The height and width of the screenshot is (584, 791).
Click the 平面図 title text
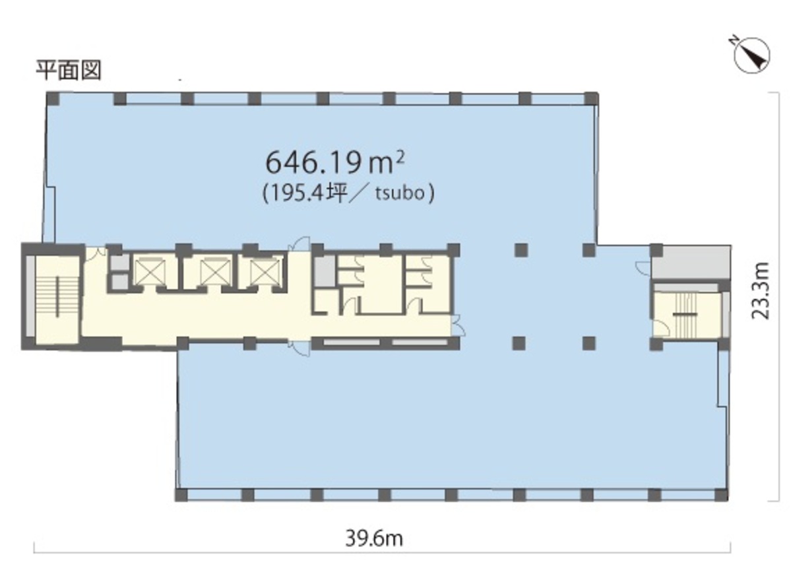[69, 70]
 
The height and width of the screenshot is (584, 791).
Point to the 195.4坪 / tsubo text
[348, 193]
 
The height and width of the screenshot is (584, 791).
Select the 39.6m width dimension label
[374, 538]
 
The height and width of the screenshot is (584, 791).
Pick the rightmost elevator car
[265, 272]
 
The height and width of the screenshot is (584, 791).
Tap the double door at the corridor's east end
[459, 325]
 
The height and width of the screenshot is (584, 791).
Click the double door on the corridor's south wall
[299, 349]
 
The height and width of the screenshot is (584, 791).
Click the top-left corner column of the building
[53, 98]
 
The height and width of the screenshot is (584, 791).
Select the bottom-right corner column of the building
[722, 495]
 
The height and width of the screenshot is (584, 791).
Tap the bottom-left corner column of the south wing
[181, 495]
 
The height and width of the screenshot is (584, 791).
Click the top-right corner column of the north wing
[591, 98]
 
